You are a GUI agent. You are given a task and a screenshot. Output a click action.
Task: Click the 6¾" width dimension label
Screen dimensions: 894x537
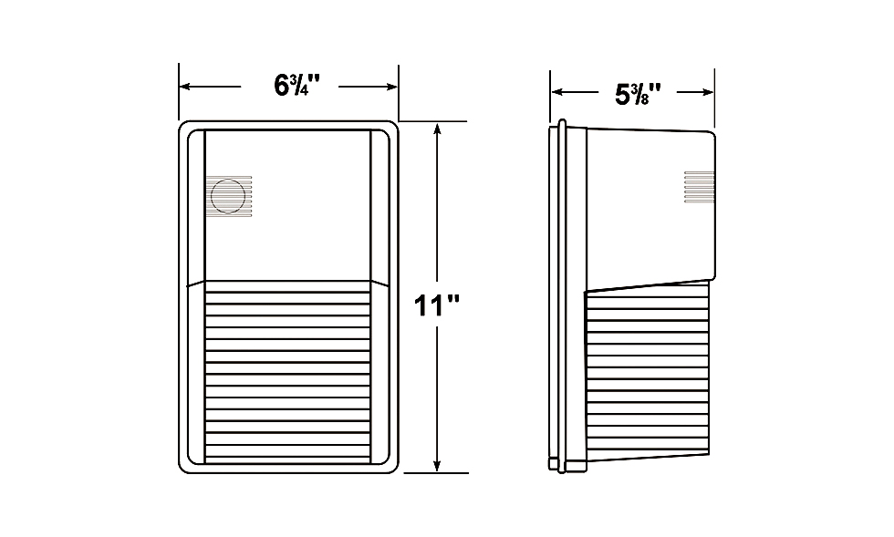pos(297,86)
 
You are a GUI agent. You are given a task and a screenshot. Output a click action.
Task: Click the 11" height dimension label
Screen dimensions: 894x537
pos(436,305)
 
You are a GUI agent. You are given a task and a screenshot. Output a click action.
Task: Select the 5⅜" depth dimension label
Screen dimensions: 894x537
pos(638,94)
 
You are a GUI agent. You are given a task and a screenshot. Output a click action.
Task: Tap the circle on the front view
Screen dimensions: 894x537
pos(228,196)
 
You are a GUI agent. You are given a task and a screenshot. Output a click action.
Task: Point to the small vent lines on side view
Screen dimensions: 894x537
pos(699,187)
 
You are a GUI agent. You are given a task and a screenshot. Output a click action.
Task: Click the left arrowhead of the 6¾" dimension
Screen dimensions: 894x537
pos(184,87)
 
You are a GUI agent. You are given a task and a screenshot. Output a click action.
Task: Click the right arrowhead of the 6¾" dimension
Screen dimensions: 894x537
pos(391,87)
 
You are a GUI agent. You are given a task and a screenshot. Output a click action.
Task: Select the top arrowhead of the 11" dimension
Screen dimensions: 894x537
pos(437,128)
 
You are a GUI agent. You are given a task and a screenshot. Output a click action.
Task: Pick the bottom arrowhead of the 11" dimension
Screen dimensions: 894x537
pos(437,466)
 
